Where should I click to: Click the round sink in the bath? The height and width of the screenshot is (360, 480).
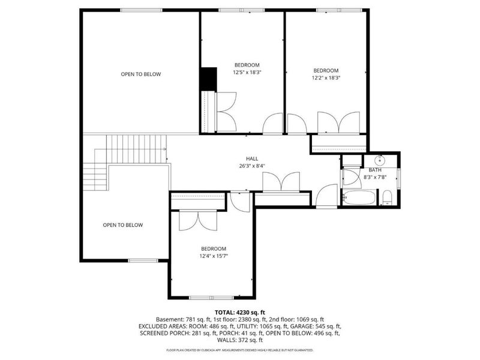click(x=380, y=160)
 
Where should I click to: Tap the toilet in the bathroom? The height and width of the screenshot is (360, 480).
click(x=387, y=198)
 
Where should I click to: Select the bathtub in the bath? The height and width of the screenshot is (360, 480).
click(x=359, y=198)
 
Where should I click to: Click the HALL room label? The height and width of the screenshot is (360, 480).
click(x=252, y=158)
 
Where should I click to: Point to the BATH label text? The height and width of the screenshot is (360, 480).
click(x=375, y=170)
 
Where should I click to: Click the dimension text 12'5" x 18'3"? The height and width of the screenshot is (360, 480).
click(x=247, y=73)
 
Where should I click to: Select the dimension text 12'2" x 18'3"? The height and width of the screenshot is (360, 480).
click(x=326, y=78)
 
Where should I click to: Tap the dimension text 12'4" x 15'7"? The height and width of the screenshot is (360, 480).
click(x=214, y=256)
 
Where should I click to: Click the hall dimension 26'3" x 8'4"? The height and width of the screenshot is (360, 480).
click(x=252, y=166)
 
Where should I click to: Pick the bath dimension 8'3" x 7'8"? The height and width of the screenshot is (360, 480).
click(x=376, y=177)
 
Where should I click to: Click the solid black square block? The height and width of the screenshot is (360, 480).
click(x=208, y=79)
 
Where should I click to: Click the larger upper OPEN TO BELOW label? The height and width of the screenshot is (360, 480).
click(x=141, y=74)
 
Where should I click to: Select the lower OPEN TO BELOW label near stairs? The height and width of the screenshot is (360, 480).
click(x=123, y=225)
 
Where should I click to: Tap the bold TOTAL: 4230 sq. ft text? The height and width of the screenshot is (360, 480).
click(x=240, y=313)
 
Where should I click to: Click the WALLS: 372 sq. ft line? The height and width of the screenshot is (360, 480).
click(x=240, y=340)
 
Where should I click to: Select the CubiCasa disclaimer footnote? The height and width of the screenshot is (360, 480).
click(x=240, y=350)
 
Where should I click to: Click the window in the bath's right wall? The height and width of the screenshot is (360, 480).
click(x=398, y=178)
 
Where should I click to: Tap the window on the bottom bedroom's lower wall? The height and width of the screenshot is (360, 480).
click(x=212, y=298)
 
